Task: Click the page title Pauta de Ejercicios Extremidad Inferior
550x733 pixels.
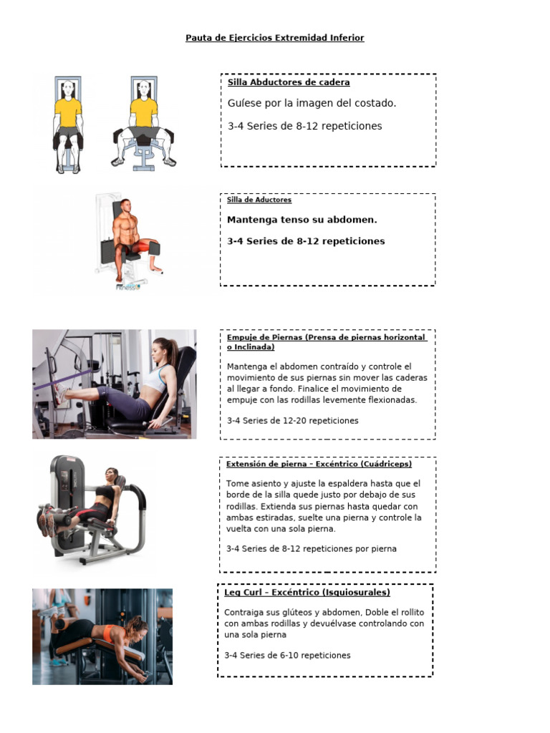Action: point(275,38)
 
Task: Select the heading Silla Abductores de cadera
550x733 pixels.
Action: point(289,82)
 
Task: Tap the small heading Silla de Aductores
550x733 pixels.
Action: point(259,200)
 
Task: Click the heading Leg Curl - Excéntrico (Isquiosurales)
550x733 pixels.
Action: point(307,593)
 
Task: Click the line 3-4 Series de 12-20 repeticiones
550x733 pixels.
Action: point(292,420)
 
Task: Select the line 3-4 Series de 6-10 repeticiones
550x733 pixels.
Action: point(287,655)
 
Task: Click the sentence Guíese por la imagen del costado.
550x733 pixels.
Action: point(312,103)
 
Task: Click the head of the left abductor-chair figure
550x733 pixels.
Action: point(68,90)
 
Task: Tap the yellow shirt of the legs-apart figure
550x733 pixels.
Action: point(144,112)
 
